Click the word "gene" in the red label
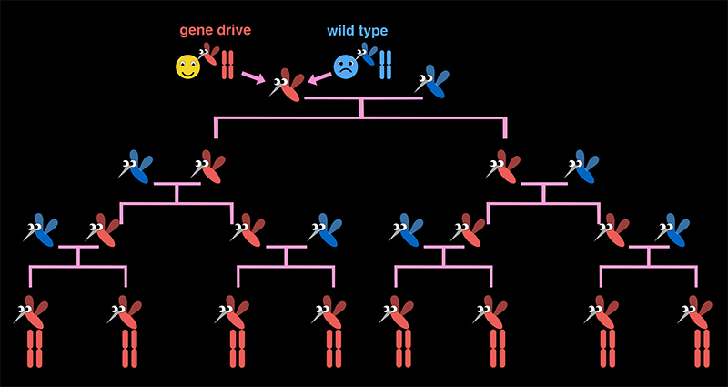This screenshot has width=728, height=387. [x=197, y=31]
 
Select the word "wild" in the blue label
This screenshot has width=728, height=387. [x=340, y=31]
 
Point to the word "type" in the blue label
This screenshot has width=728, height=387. [x=373, y=31]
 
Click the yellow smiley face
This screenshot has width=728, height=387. [x=187, y=66]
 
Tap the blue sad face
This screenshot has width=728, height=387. [x=346, y=66]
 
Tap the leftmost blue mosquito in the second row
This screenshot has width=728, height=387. [x=136, y=167]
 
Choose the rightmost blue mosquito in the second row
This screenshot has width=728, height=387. [x=582, y=167]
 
